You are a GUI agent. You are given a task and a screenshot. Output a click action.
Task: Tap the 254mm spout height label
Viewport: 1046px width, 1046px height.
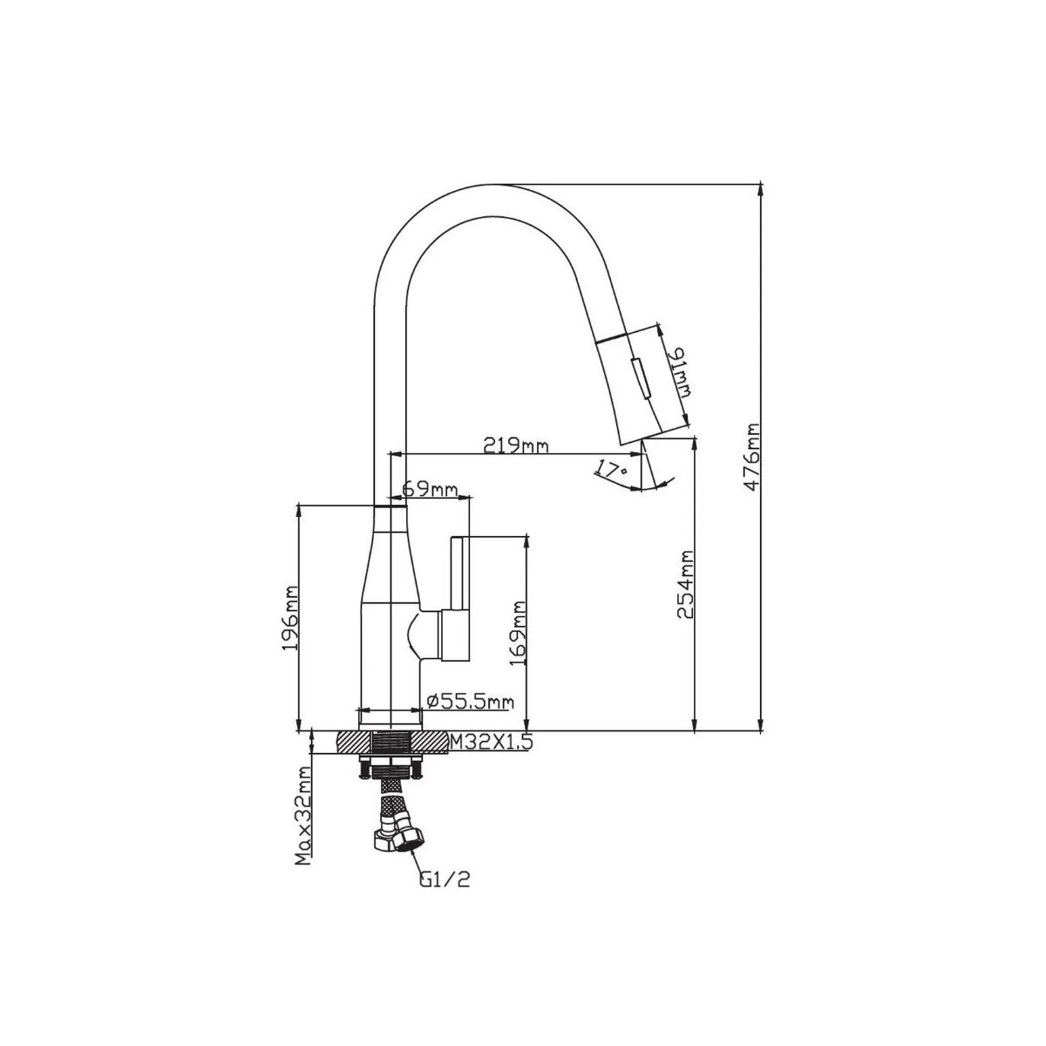(686, 585)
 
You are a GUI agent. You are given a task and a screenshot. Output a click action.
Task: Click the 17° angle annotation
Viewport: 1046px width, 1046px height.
(610, 467)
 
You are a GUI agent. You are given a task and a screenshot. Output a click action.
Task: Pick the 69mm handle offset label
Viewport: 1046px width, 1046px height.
(430, 489)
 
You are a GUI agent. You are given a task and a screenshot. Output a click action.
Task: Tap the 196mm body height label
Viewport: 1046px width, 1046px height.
(291, 618)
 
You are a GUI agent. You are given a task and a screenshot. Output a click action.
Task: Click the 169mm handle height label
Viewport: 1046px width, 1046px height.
(520, 633)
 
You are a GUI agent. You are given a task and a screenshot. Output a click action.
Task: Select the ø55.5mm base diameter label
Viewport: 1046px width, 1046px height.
(471, 702)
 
